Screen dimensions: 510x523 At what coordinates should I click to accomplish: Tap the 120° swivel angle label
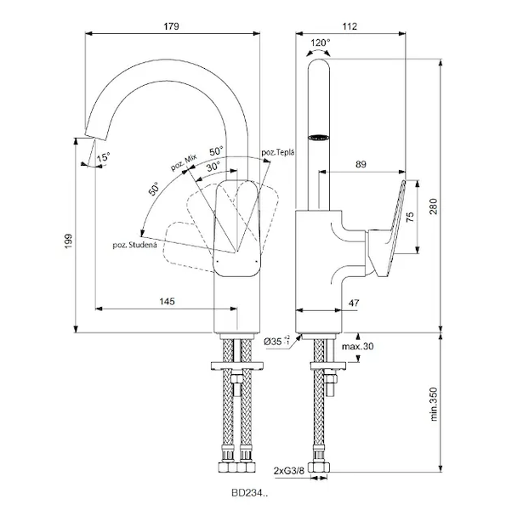[321, 42]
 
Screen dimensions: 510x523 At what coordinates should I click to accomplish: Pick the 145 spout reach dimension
[167, 301]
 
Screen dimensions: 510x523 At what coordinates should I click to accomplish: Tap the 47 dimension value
[355, 301]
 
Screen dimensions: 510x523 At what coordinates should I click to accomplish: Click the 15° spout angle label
[103, 157]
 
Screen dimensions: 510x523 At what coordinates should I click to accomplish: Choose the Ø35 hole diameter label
[276, 341]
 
